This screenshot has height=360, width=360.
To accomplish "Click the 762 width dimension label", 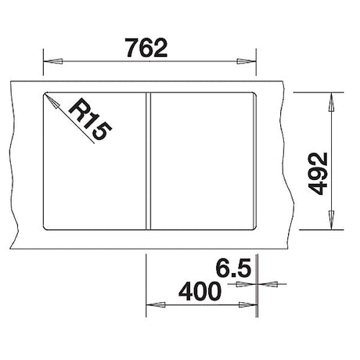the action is (146, 48).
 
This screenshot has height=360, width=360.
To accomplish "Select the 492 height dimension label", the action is (318, 174).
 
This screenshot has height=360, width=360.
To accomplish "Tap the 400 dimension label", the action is (200, 291).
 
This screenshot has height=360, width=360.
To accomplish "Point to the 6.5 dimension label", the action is (233, 268).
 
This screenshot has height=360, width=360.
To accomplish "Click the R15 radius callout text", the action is (90, 119).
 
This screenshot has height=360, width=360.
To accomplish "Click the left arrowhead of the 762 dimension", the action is (53, 62).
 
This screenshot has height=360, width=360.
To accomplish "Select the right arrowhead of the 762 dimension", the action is (247, 62).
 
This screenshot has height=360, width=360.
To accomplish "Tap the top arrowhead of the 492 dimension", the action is (331, 103).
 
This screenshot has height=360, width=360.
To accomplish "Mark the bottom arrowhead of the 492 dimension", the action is (331, 220).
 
